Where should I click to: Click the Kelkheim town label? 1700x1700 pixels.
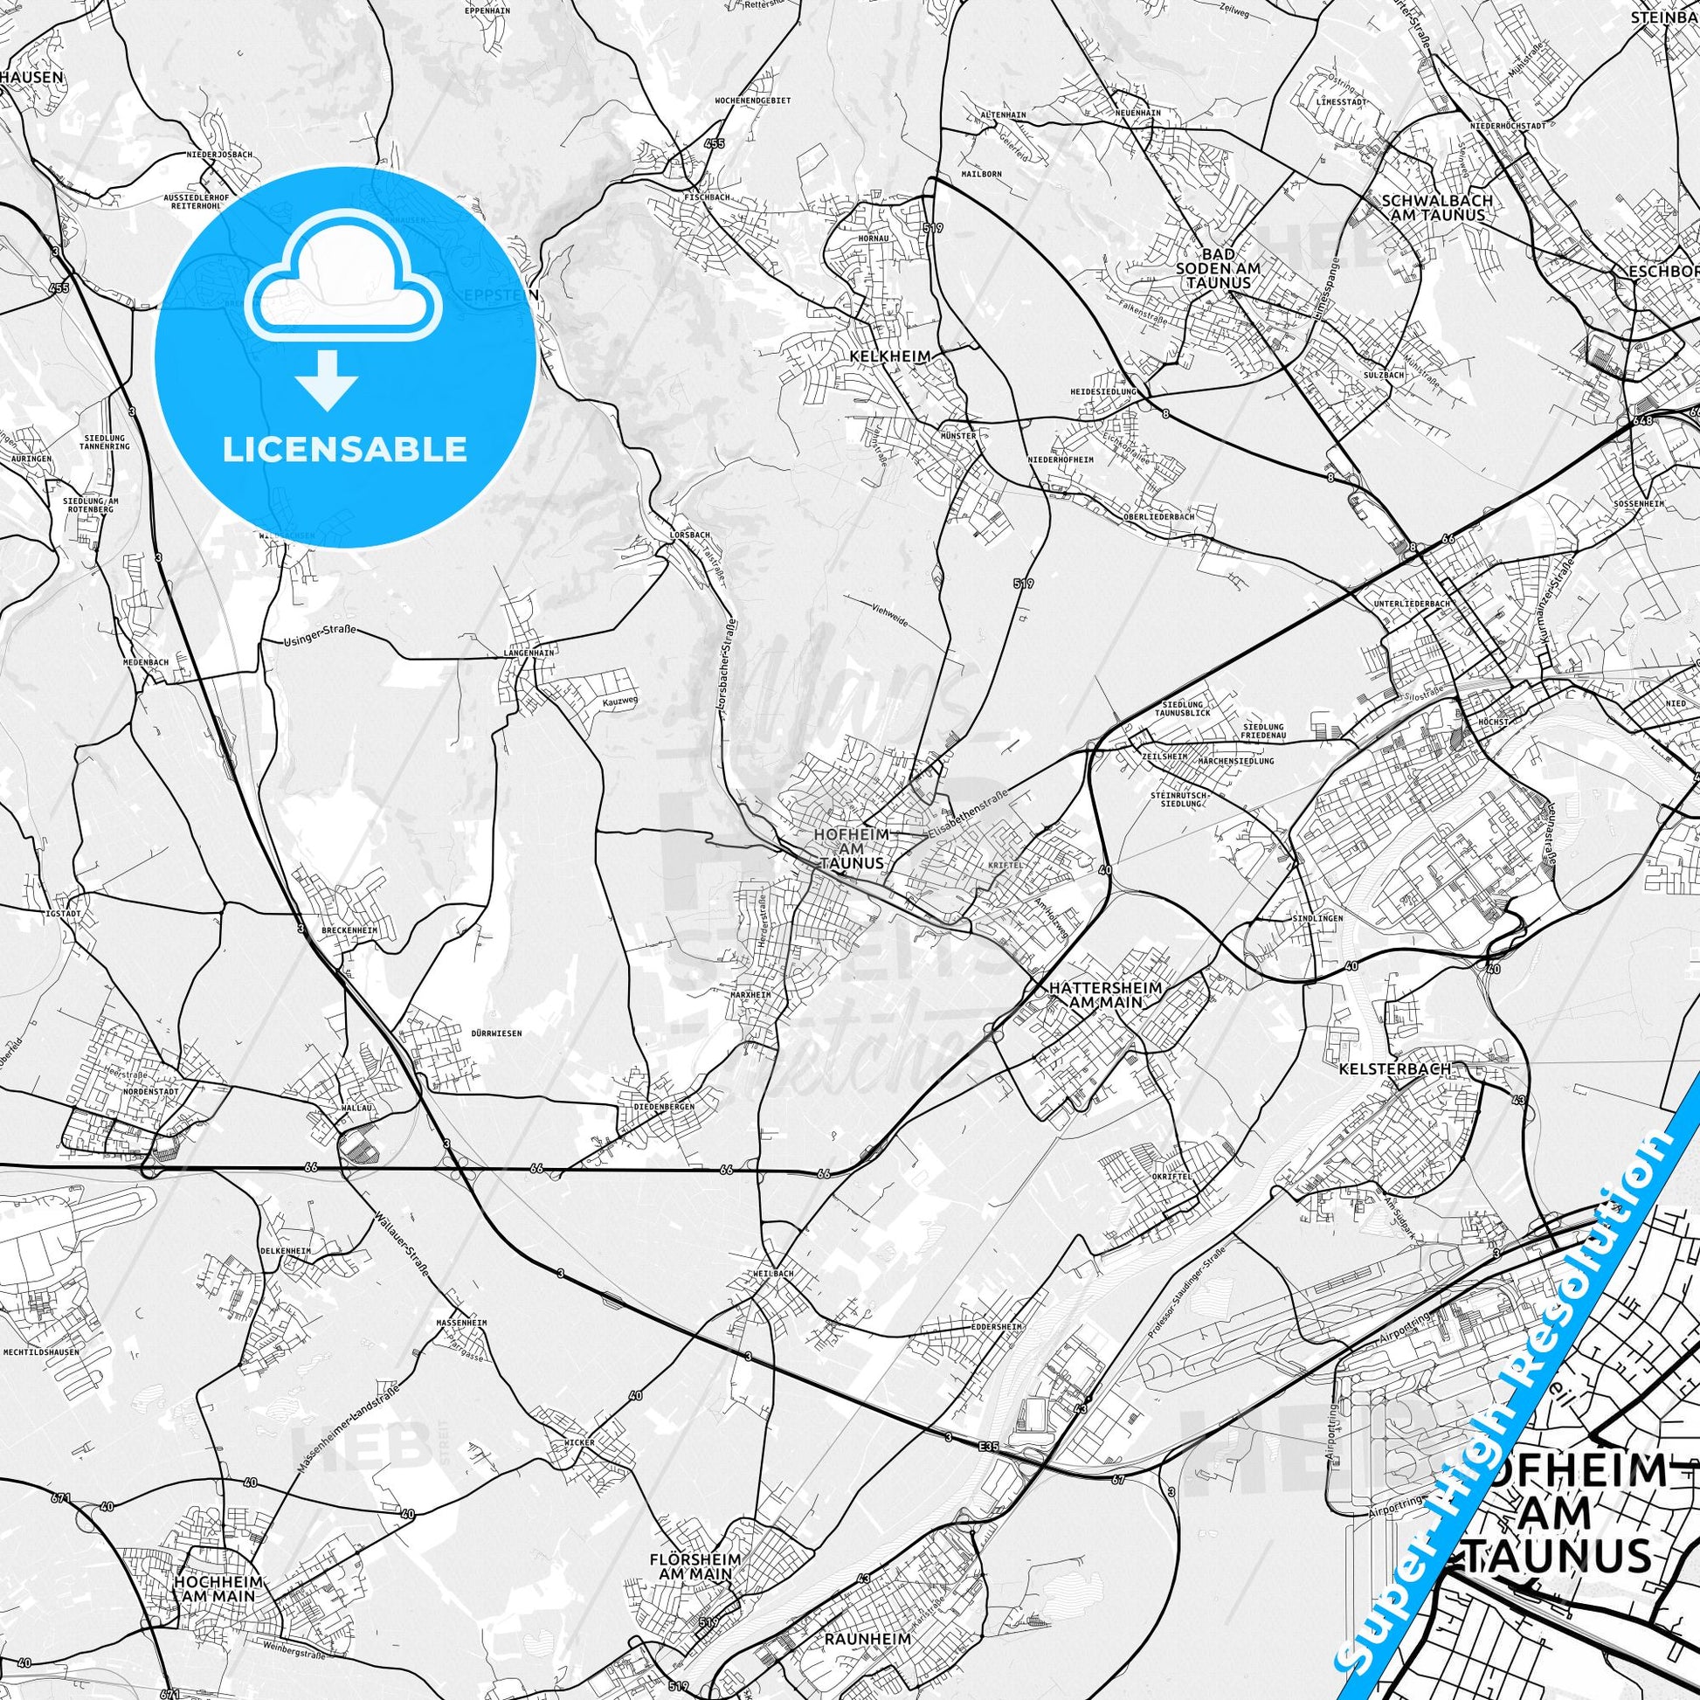[879, 356]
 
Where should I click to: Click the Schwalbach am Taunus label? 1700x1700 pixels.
[1434, 207]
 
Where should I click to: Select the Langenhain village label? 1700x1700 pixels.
[529, 653]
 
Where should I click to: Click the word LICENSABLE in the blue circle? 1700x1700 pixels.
[344, 450]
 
